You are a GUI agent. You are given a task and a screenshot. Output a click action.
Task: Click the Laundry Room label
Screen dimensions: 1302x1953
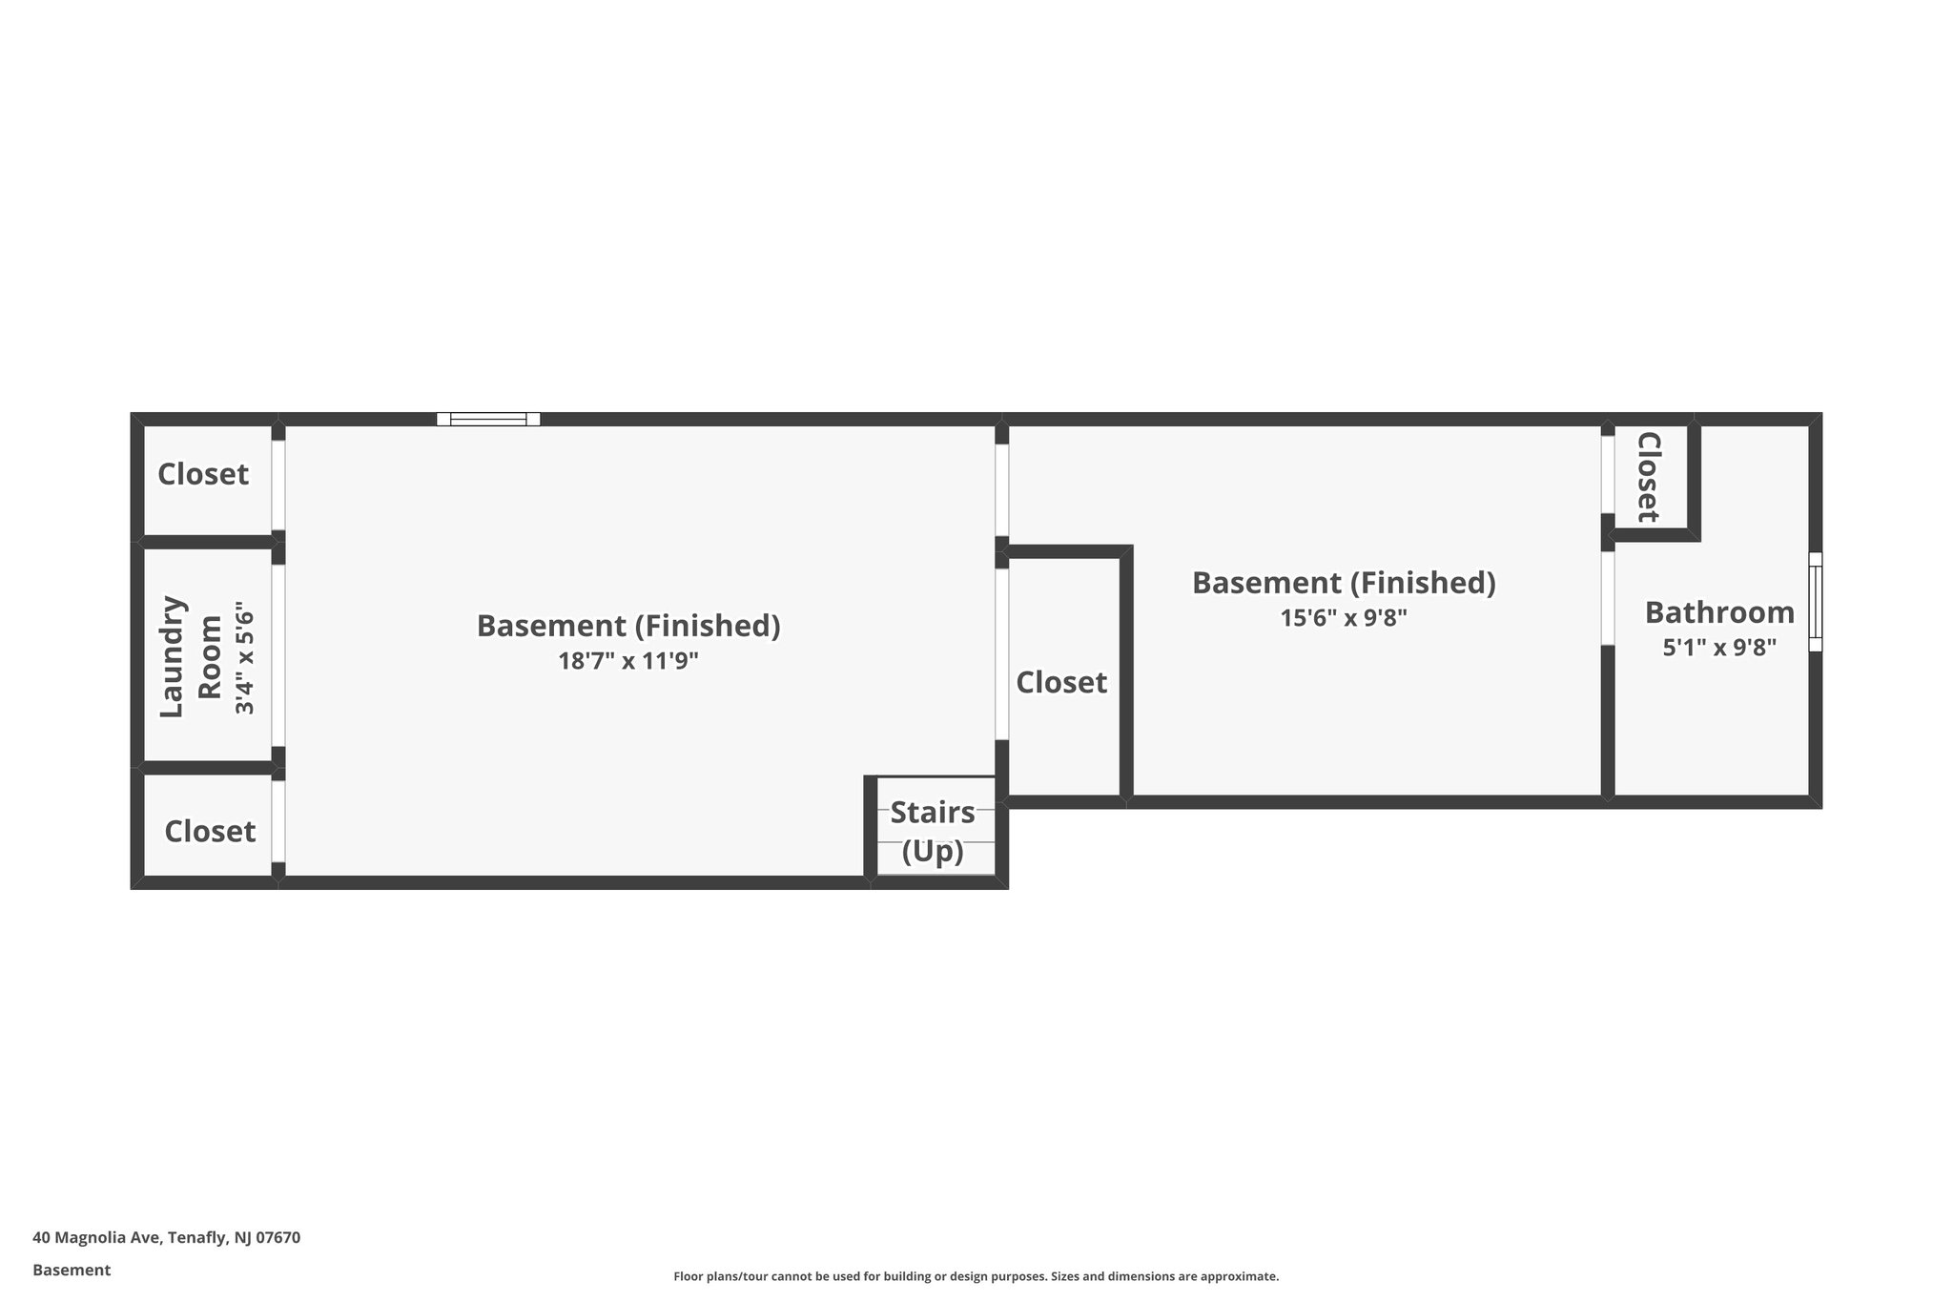190,656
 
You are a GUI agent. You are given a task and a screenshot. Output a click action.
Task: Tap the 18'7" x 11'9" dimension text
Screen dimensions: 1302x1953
628,661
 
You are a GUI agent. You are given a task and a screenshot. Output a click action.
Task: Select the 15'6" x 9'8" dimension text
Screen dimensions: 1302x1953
1344,618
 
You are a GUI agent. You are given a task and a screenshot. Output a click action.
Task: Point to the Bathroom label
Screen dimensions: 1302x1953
1719,612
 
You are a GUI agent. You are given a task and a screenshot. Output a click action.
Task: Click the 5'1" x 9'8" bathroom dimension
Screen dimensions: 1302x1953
1719,649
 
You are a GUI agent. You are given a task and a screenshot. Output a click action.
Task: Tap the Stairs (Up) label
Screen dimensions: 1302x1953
933,831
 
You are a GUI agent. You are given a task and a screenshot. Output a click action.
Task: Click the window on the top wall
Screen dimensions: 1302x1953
488,419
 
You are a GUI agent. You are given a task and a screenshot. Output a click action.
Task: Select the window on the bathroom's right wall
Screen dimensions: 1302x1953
1815,602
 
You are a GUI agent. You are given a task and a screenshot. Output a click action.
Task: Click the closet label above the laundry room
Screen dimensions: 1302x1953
203,474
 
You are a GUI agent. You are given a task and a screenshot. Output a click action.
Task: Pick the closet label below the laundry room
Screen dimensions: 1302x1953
210,832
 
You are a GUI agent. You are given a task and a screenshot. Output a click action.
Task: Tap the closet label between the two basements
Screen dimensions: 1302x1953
1061,683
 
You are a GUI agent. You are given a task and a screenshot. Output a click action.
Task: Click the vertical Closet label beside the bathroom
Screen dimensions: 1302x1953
1649,477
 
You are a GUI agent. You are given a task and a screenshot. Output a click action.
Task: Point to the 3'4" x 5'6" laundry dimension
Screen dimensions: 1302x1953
245,657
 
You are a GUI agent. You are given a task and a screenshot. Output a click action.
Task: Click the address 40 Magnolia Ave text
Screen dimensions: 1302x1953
166,1237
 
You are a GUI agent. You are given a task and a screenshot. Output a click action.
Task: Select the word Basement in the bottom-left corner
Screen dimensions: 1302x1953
72,1270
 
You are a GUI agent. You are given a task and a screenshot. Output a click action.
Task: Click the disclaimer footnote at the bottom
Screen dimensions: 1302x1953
976,1276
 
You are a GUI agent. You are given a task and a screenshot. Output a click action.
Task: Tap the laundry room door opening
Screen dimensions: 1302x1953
278,656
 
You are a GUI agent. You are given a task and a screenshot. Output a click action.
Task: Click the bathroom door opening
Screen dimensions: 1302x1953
1608,598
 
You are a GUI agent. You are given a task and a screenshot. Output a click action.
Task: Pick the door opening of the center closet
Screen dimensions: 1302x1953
1002,654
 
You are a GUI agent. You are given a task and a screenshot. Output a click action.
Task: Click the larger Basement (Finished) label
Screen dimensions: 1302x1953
628,626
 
